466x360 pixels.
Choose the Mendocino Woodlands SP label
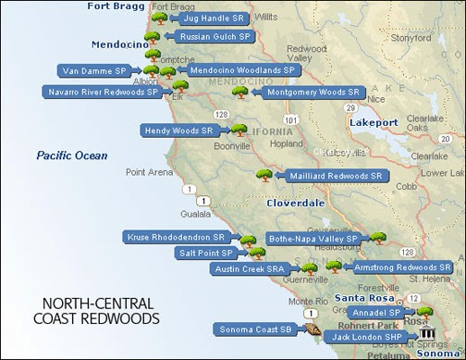click(x=240, y=69)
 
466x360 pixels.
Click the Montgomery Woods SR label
click(x=312, y=93)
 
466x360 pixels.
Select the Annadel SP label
click(x=379, y=313)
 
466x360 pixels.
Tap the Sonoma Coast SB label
click(x=256, y=329)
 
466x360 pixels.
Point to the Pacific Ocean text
click(x=72, y=155)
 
